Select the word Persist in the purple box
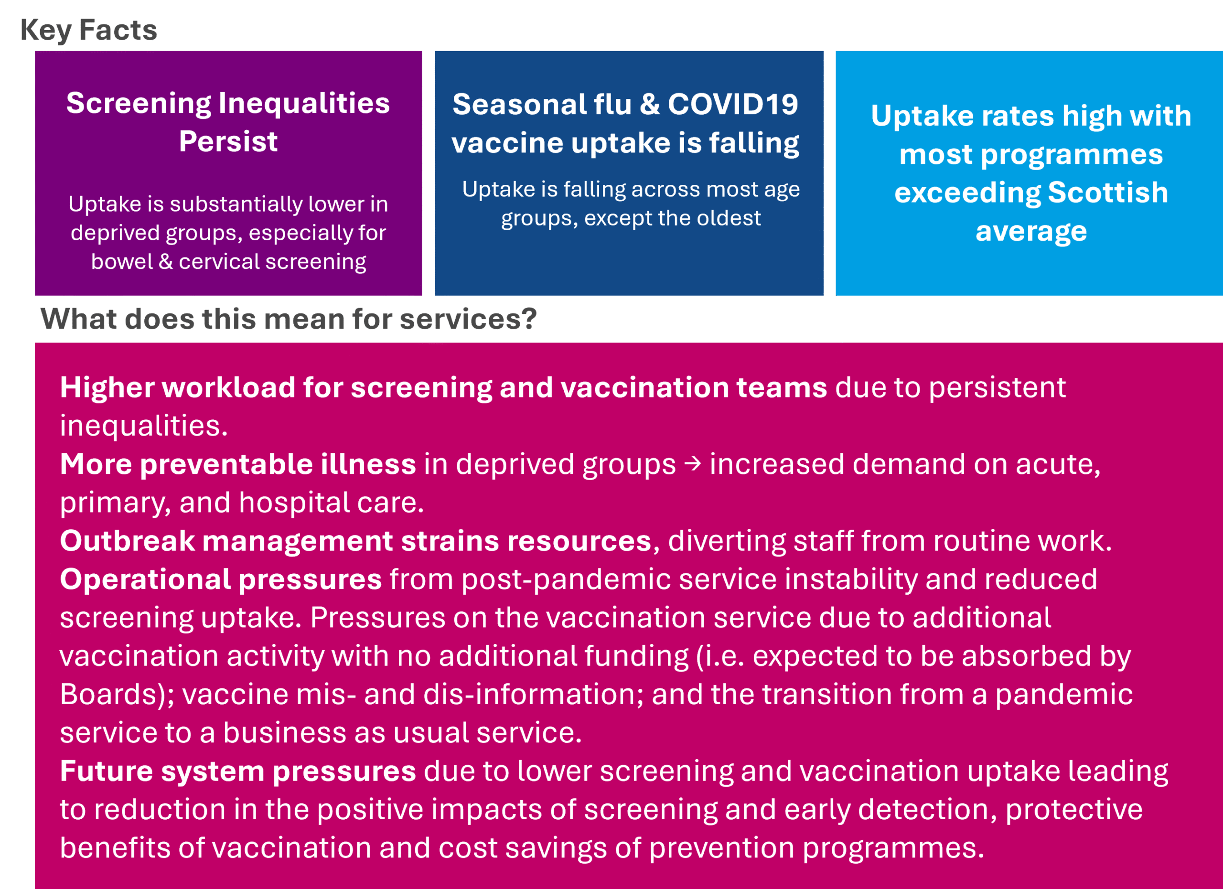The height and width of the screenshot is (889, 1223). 228,141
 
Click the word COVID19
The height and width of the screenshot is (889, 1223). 733,104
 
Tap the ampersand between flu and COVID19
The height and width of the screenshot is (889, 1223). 650,104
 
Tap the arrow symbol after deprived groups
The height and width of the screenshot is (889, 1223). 692,464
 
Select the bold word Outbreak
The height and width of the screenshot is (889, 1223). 127,540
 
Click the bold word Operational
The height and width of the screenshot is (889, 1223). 145,580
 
